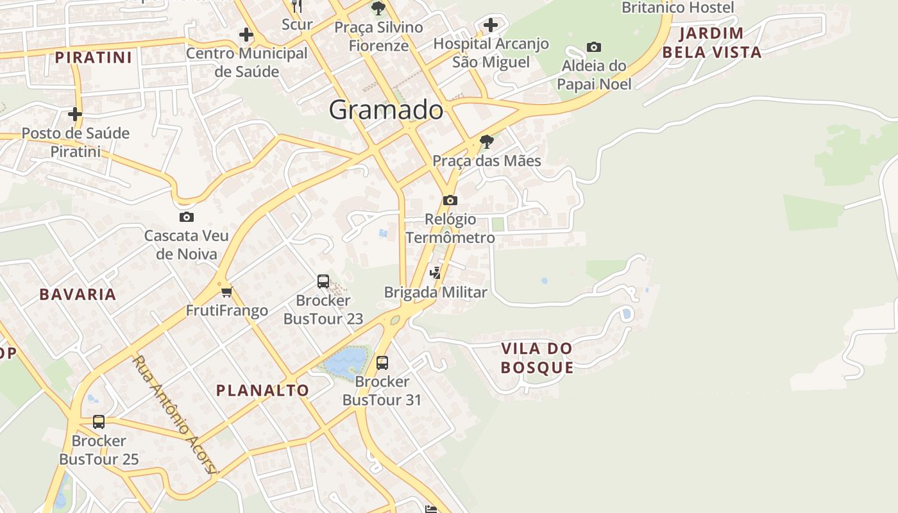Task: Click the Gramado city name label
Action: pos(385,110)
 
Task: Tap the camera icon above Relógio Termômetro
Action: pos(450,200)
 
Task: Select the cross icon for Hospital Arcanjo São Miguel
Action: pos(491,26)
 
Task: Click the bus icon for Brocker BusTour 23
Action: pos(323,282)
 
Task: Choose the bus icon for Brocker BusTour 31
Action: pos(382,363)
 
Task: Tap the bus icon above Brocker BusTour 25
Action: pos(99,422)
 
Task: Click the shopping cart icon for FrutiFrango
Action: pos(226,292)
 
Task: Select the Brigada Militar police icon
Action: pos(436,273)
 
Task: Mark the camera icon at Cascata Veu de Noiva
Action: pos(187,217)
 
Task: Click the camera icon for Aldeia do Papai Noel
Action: pos(594,47)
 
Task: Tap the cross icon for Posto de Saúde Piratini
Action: pos(75,115)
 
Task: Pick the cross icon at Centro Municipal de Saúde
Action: pos(246,35)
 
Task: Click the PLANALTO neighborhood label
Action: pos(262,390)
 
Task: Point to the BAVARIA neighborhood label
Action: pos(78,294)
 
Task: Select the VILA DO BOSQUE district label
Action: pos(537,358)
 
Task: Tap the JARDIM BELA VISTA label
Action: pos(712,42)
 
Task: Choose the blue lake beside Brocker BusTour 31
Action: pos(344,362)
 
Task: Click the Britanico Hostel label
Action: pos(678,8)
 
